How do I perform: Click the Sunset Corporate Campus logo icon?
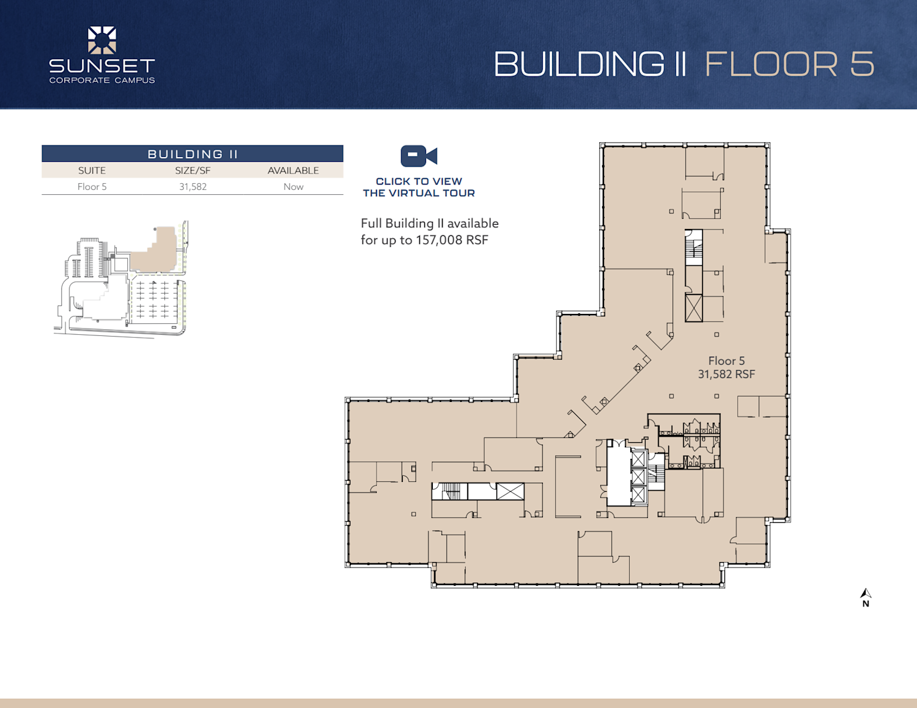(101, 40)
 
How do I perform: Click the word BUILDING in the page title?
(578, 64)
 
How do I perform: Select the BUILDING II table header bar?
(193, 154)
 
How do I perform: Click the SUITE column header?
(92, 170)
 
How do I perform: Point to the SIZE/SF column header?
(193, 170)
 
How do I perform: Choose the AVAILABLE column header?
(293, 170)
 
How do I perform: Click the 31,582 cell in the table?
(193, 187)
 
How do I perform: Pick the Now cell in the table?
(293, 187)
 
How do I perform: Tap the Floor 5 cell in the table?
(92, 187)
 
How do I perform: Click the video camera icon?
(419, 156)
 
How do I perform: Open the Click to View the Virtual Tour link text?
(419, 187)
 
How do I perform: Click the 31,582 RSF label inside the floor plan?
(726, 374)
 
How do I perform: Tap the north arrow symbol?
(866, 593)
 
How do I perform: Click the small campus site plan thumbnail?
(121, 279)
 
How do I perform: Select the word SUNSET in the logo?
(102, 66)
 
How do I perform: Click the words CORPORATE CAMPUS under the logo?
(102, 80)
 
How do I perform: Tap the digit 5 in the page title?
(863, 64)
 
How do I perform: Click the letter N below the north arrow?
(866, 604)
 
